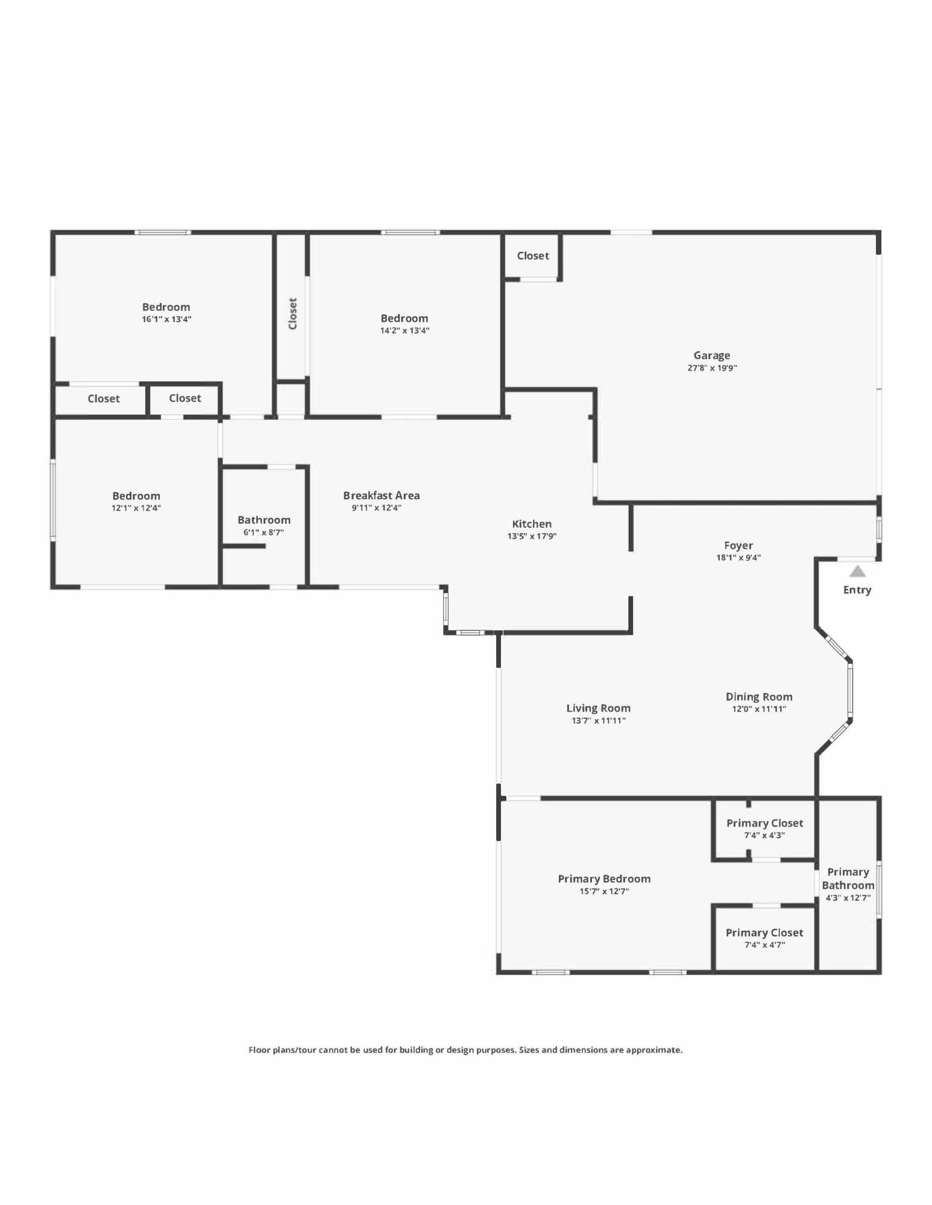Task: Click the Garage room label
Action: coord(711,355)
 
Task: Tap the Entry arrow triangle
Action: coord(857,571)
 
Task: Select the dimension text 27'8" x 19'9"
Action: coord(712,368)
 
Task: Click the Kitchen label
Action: coord(532,524)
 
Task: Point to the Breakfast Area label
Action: coord(381,495)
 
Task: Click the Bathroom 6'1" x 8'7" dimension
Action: coord(263,533)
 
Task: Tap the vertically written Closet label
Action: coord(293,313)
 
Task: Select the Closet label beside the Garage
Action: coord(533,255)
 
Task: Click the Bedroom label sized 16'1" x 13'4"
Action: coord(166,307)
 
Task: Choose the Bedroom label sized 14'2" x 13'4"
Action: coord(404,318)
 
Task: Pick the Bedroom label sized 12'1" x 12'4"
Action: coord(136,496)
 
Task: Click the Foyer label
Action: coord(738,545)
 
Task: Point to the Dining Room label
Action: coord(758,696)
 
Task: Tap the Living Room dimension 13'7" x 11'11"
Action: coord(598,721)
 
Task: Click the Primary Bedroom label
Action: coord(604,879)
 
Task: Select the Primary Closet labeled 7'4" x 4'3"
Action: coord(764,823)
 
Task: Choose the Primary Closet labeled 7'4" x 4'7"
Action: coord(764,933)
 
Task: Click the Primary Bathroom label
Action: coord(848,878)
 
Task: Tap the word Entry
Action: coord(857,590)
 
